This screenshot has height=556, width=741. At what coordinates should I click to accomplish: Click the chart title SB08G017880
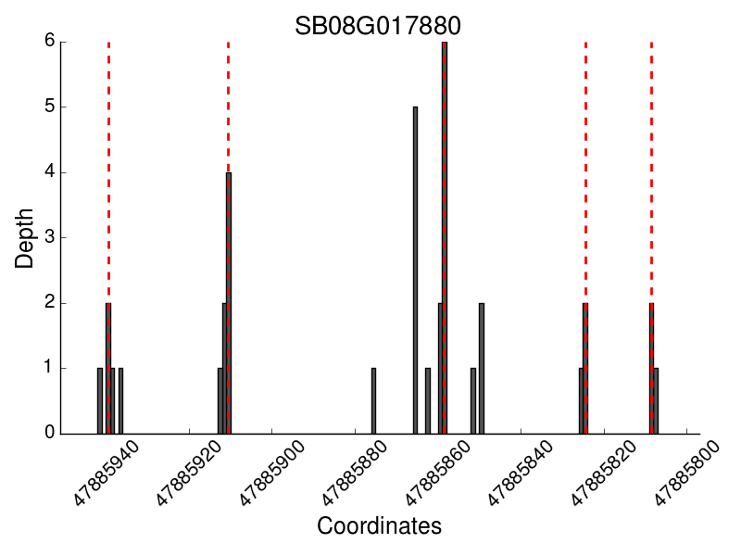(x=378, y=25)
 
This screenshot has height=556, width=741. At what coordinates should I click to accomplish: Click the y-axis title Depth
(x=25, y=238)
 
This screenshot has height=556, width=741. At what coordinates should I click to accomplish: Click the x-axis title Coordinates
(x=379, y=526)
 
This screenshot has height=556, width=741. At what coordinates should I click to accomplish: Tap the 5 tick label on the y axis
(x=50, y=107)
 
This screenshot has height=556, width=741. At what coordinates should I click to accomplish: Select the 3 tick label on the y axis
(x=50, y=237)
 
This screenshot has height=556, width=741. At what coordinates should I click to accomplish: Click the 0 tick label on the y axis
(x=50, y=433)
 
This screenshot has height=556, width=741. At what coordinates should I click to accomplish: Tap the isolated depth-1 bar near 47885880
(x=373, y=401)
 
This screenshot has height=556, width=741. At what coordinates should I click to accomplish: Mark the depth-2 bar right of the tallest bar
(x=482, y=368)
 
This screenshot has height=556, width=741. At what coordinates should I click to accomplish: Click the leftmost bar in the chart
(x=100, y=401)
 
